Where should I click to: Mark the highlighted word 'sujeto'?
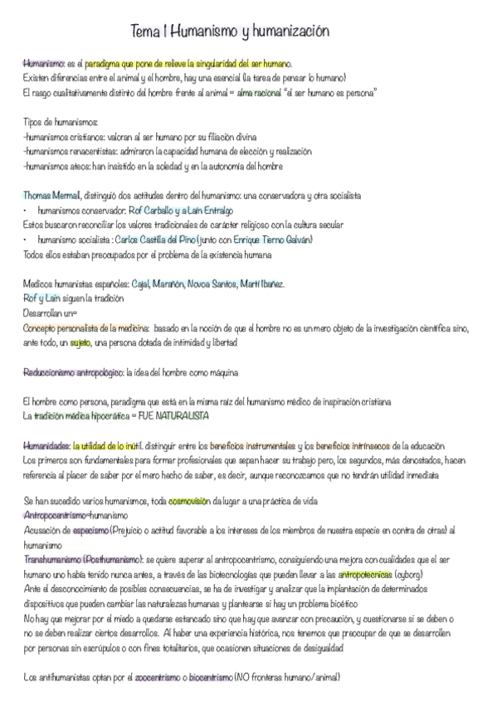(x=80, y=342)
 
